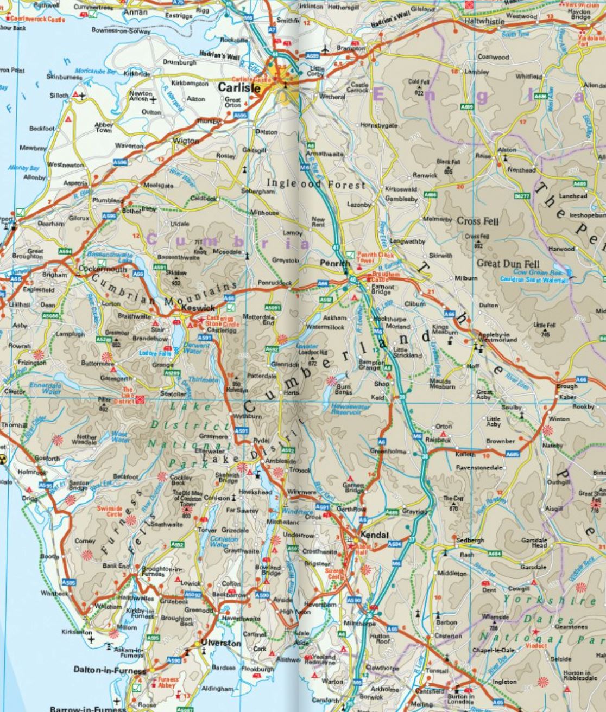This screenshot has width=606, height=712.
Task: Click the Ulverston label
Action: tap(220, 643)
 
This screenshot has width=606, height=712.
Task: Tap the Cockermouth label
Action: tap(103, 269)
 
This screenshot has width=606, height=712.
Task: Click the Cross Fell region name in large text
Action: tap(477, 221)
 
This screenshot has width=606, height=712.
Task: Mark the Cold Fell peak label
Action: tap(419, 82)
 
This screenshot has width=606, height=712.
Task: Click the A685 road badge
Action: tap(512, 454)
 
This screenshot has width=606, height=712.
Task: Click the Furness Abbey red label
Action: tap(168, 682)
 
